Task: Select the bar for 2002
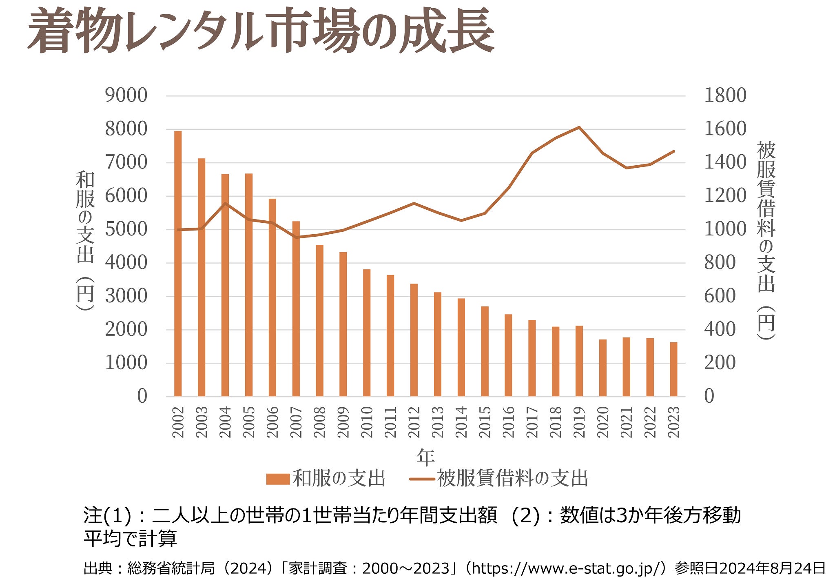tap(178, 264)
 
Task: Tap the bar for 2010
tap(367, 333)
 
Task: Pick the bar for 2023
tap(673, 369)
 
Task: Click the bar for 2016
tap(508, 355)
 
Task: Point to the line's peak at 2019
tap(579, 127)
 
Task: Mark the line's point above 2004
tap(225, 203)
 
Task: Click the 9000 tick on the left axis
tap(126, 95)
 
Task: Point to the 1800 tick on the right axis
tap(725, 95)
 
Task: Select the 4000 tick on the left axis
tap(126, 262)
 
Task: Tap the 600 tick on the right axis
tap(720, 296)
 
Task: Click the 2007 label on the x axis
tap(296, 422)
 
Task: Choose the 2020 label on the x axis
tap(603, 422)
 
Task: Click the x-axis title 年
tap(425, 457)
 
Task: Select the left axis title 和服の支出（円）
tap(85, 241)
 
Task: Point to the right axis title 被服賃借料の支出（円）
tap(766, 241)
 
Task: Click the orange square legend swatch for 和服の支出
tap(278, 479)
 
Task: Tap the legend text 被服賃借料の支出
tap(512, 478)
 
